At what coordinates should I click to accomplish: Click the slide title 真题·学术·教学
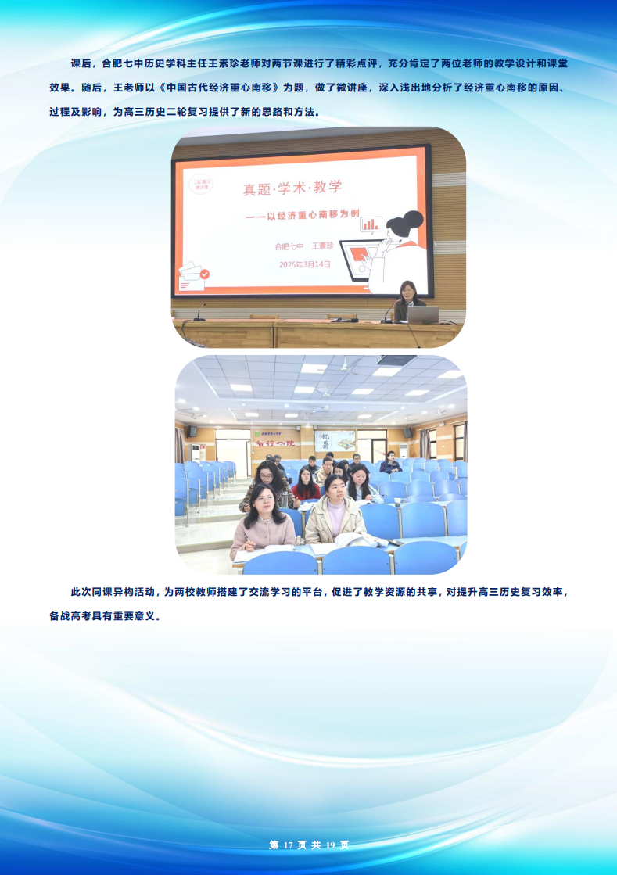[x=292, y=188]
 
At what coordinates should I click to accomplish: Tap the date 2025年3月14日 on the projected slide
[x=304, y=264]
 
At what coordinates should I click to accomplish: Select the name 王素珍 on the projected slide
[x=323, y=246]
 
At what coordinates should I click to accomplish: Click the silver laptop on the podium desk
[x=423, y=314]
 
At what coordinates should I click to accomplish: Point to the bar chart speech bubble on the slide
[x=371, y=224]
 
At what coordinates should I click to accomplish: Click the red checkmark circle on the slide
[x=205, y=274]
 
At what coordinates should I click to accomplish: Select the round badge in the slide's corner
[x=200, y=185]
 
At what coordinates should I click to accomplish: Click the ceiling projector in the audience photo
[x=396, y=360]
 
